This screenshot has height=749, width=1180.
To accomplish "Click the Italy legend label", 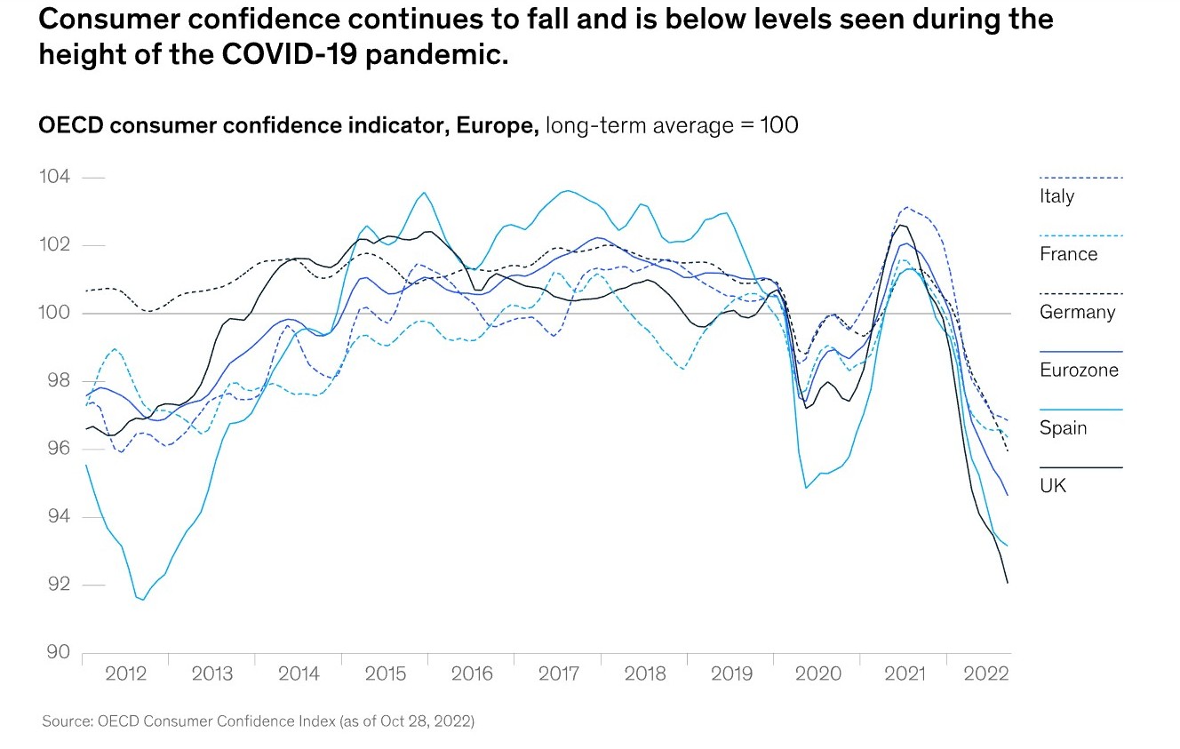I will pos(1056,196).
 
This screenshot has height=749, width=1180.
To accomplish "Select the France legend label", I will pos(1068,254).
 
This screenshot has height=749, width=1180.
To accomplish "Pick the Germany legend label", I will pos(1077,312).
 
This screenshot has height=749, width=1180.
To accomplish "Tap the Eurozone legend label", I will pos(1079,371).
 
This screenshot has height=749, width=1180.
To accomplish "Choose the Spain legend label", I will pos(1063,428).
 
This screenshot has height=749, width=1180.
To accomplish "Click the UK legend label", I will pos(1053,486).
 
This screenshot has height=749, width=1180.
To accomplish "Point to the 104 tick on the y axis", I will pos(55,178).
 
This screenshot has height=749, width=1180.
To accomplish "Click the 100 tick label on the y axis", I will pos(55,314).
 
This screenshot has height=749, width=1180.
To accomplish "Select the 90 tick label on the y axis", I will pos(55,653).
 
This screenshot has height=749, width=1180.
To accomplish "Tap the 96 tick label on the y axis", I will pos(55,450).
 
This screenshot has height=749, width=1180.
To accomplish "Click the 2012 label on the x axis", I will pos(125,673).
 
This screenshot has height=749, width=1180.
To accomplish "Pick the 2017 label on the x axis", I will pos(559,673).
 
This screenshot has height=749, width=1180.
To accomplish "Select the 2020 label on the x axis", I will pos(818,673).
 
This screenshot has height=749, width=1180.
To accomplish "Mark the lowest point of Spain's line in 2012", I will pos(143,600).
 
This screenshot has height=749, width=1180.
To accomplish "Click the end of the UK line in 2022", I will pos(1008,583).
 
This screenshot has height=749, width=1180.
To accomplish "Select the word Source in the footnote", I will pos(66,721).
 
